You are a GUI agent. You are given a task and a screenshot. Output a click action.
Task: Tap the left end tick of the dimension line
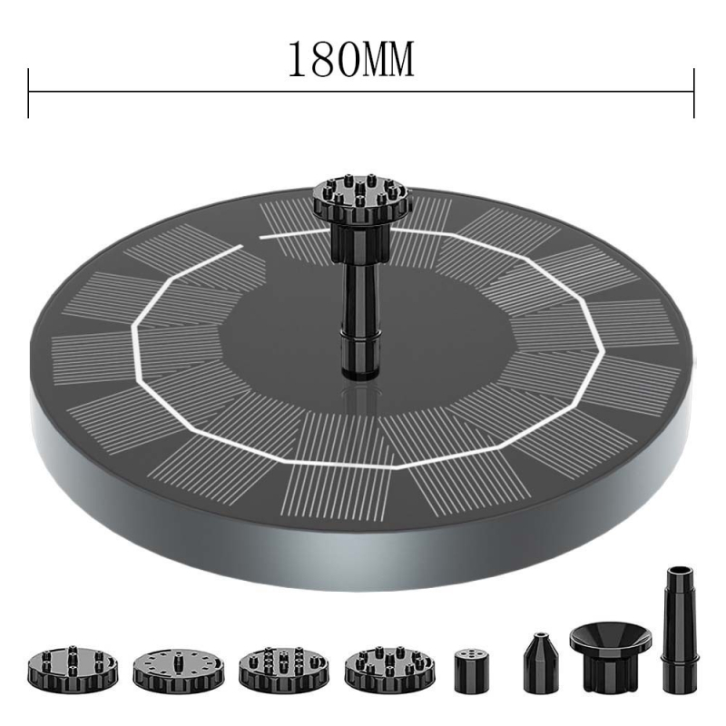(x=28, y=92)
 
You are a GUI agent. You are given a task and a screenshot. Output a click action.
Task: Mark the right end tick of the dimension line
(x=694, y=92)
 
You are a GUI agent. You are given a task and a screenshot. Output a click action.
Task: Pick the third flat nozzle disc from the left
(x=280, y=669)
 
